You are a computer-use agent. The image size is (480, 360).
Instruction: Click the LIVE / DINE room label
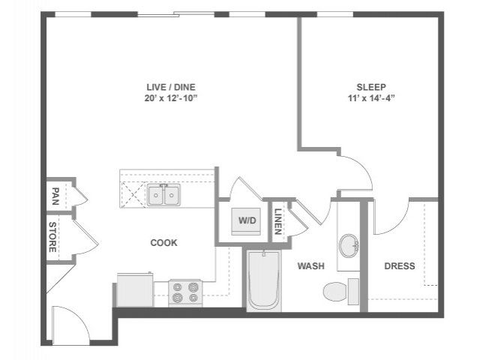(x=170, y=87)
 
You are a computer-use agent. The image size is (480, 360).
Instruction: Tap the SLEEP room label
(x=371, y=87)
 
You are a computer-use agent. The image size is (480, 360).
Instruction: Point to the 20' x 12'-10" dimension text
(x=171, y=98)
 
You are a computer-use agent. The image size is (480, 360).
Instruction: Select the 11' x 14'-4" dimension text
(x=371, y=98)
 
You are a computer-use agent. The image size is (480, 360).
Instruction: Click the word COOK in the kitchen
(x=163, y=243)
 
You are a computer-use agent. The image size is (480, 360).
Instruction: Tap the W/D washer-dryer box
(x=246, y=221)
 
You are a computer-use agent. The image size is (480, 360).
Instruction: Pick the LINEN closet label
(x=278, y=221)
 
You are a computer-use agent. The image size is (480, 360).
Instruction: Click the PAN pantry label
(x=55, y=196)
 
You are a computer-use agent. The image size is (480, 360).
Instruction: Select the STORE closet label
(x=52, y=237)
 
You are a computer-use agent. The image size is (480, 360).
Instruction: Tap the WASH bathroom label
(x=311, y=265)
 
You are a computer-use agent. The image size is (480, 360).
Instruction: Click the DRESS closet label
(x=400, y=265)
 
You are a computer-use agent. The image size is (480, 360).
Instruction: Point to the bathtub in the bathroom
(x=263, y=280)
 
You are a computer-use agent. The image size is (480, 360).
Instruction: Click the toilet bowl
(x=335, y=292)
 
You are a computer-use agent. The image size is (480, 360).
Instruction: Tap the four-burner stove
(x=185, y=293)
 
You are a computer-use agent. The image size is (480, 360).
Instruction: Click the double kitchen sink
(x=163, y=195)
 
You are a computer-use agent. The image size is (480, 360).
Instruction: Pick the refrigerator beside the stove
(x=135, y=289)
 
